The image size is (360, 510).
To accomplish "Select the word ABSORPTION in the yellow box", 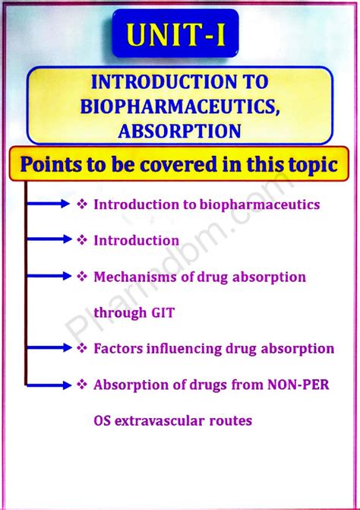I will (x=180, y=131).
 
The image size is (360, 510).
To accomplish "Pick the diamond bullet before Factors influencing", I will (x=81, y=348).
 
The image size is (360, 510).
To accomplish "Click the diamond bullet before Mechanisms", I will (x=81, y=277).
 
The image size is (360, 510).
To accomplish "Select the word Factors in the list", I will (x=115, y=349).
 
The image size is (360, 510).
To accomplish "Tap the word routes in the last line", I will (x=230, y=420).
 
